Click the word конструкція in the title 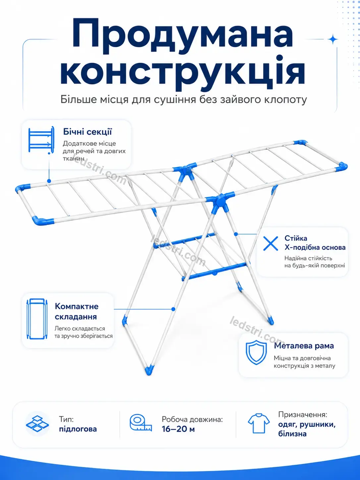pyautogui.click(x=183, y=72)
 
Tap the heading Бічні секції pyautogui.click(x=88, y=132)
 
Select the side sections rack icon pyautogui.click(x=41, y=140)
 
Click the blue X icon pyautogui.click(x=270, y=243)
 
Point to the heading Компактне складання pyautogui.click(x=77, y=311)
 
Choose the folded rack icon pyautogui.click(x=37, y=319)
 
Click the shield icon pyautogui.click(x=256, y=352)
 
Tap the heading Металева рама pyautogui.click(x=304, y=346)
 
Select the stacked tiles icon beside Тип pyautogui.click(x=37, y=424)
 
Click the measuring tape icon pyautogui.click(x=141, y=423)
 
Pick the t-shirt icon pyautogui.click(x=259, y=423)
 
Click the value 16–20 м pyautogui.click(x=178, y=429)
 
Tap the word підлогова pyautogui.click(x=78, y=429)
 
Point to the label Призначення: pyautogui.click(x=303, y=415)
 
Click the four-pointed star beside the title pyautogui.click(x=333, y=39)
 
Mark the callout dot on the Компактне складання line pyautogui.click(x=173, y=309)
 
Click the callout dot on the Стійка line pyautogui.click(x=236, y=234)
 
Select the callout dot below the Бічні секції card pyautogui.click(x=49, y=181)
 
